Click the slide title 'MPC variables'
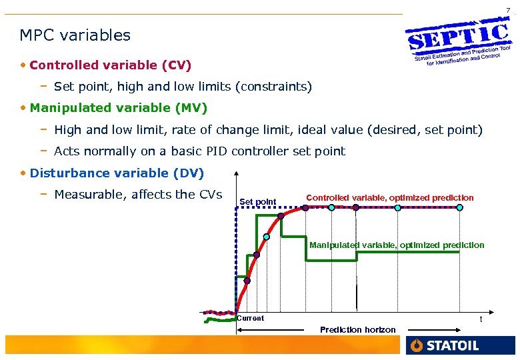tap(75, 35)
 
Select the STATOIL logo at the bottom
tap(443, 345)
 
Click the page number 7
tap(508, 10)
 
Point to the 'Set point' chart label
tap(257, 202)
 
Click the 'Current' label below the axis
tap(251, 319)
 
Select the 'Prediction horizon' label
tap(357, 330)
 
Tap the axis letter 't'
tap(481, 319)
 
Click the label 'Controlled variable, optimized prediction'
tap(389, 198)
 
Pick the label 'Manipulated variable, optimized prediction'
tap(397, 245)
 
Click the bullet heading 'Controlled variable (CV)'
tap(111, 65)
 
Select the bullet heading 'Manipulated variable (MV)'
tap(119, 107)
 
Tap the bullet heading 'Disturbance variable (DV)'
tap(117, 173)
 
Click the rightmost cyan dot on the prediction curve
tap(459, 208)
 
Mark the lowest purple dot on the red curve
tap(247, 281)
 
